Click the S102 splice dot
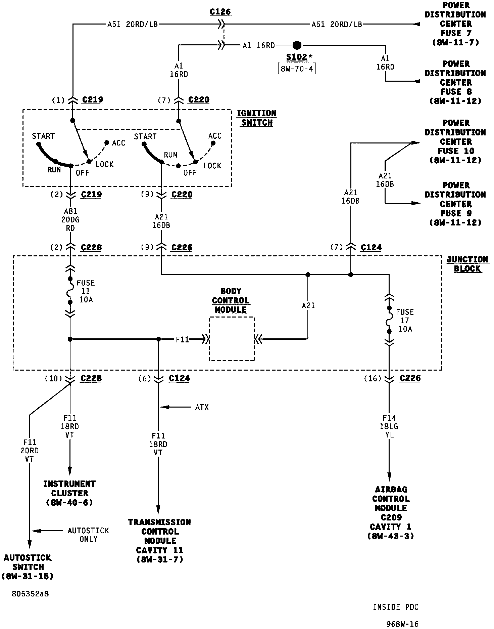[297, 45]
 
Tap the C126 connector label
[220, 12]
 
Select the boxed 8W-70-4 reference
[297, 69]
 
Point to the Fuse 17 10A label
[405, 320]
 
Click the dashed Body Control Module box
[232, 339]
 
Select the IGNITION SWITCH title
[257, 118]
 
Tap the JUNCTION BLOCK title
[467, 264]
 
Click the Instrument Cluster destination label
[69, 493]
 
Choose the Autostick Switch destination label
[28, 567]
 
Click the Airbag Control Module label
[391, 512]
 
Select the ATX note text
[202, 407]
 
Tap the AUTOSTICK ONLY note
[88, 535]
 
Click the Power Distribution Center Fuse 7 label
[455, 24]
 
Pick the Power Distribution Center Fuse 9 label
[455, 204]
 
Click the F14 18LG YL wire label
[389, 426]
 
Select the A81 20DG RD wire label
[70, 220]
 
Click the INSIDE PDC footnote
[396, 607]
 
